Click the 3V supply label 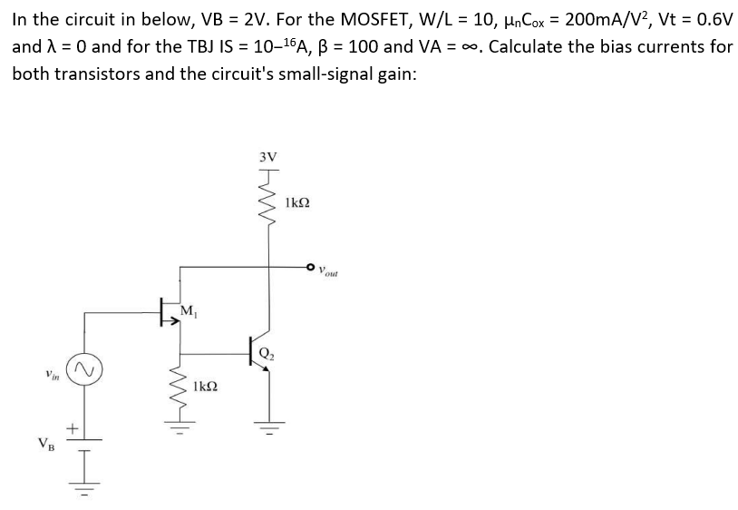pos(268,156)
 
